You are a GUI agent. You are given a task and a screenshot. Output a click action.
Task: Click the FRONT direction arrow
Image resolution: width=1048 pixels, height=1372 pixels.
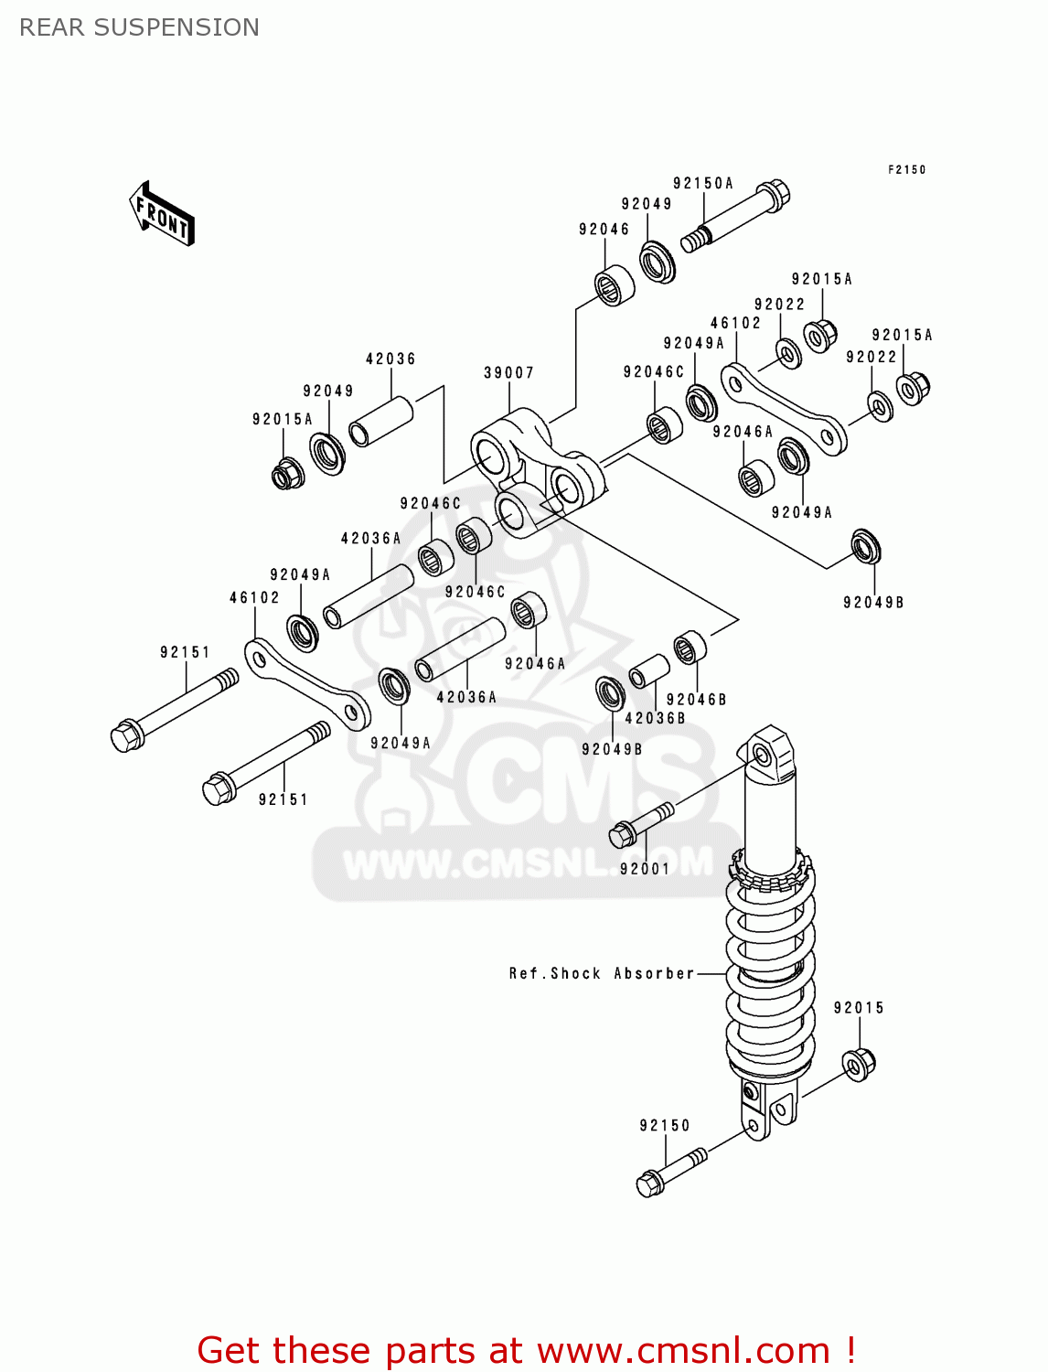(162, 214)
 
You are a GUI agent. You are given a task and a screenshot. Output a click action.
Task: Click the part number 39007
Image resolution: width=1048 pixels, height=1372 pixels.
(508, 373)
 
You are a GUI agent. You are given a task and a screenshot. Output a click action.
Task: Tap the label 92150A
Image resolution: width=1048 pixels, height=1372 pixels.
(703, 183)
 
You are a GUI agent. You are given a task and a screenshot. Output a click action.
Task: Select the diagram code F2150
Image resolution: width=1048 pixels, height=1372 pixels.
(906, 169)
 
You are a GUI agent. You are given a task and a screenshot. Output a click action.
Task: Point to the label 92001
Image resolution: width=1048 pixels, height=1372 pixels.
(645, 869)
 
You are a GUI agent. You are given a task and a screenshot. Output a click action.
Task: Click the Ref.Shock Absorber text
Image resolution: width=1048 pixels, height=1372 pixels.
(601, 973)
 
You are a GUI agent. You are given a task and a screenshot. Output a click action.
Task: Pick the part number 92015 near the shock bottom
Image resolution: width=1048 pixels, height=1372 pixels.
(859, 1008)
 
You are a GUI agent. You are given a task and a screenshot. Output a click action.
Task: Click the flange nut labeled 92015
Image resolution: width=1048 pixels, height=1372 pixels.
(859, 1064)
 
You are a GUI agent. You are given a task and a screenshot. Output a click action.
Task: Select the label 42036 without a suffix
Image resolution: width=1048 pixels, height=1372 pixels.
(390, 359)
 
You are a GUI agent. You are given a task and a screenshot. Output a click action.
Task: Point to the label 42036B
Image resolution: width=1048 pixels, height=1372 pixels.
(655, 719)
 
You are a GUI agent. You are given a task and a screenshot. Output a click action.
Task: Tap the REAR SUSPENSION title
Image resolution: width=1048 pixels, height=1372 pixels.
(139, 27)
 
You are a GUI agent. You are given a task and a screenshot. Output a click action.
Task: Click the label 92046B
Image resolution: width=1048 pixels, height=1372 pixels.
(696, 700)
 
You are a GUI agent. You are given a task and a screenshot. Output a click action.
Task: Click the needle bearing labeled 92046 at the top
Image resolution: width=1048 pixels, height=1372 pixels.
(615, 285)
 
